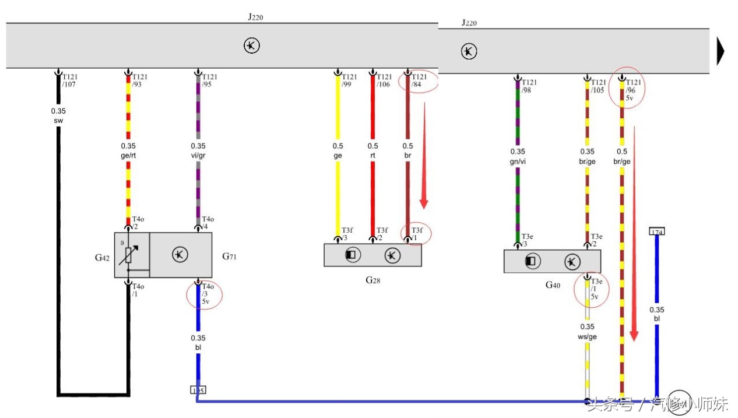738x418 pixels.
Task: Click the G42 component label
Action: pos(102,257)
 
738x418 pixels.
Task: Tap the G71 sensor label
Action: pos(230,256)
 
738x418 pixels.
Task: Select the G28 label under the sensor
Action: pos(372,280)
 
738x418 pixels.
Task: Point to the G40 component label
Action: pos(553,285)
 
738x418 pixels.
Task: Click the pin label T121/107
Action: pos(70,80)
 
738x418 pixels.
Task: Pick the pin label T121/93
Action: pos(140,80)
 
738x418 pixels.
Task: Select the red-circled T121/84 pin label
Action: pos(419,80)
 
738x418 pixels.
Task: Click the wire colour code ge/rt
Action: pos(128,155)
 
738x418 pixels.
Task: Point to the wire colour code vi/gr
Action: pos(198,155)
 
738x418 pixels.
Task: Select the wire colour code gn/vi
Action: pos(517,161)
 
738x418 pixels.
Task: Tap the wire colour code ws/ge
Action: pos(587,336)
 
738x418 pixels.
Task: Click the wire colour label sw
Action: pos(58,121)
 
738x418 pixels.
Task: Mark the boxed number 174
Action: pos(657,232)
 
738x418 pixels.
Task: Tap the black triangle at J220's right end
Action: pos(721,51)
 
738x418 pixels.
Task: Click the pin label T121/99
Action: pos(349,80)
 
